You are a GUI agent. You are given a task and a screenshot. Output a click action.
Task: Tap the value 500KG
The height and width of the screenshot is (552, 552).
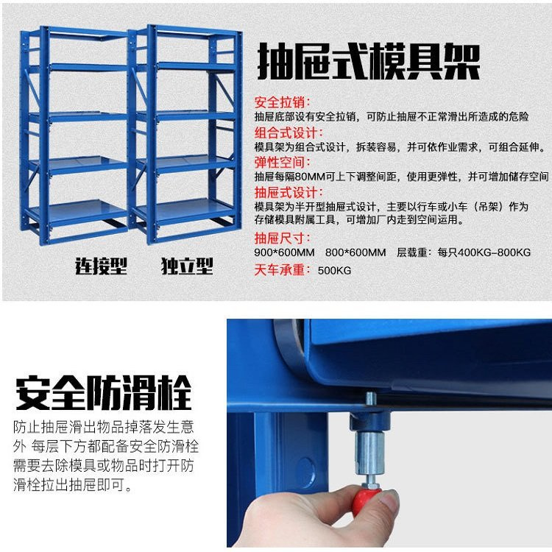tap(334, 270)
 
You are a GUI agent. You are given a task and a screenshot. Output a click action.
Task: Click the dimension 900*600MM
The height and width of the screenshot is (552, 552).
tap(284, 252)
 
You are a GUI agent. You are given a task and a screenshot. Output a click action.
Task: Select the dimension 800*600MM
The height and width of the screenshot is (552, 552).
tap(355, 252)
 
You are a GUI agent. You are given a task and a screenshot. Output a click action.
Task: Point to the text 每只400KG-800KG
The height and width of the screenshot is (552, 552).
tap(484, 252)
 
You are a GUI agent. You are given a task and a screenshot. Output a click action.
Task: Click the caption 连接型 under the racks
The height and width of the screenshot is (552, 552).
tap(101, 266)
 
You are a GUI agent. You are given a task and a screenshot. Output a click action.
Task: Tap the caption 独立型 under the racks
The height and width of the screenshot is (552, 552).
tap(187, 266)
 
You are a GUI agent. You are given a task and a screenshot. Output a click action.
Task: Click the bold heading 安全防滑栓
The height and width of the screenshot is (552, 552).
tap(104, 392)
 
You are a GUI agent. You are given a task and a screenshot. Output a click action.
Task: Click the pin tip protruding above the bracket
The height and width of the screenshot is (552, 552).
tap(371, 399)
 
